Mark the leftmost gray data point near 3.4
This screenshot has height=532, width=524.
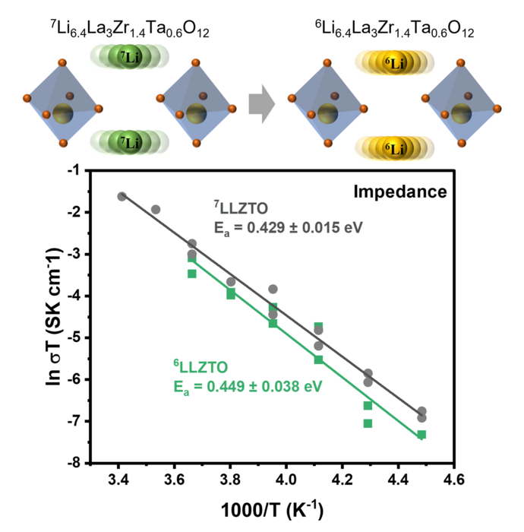click(x=122, y=196)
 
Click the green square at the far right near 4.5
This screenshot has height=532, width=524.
click(x=421, y=435)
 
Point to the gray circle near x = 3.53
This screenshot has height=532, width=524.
click(x=156, y=209)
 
